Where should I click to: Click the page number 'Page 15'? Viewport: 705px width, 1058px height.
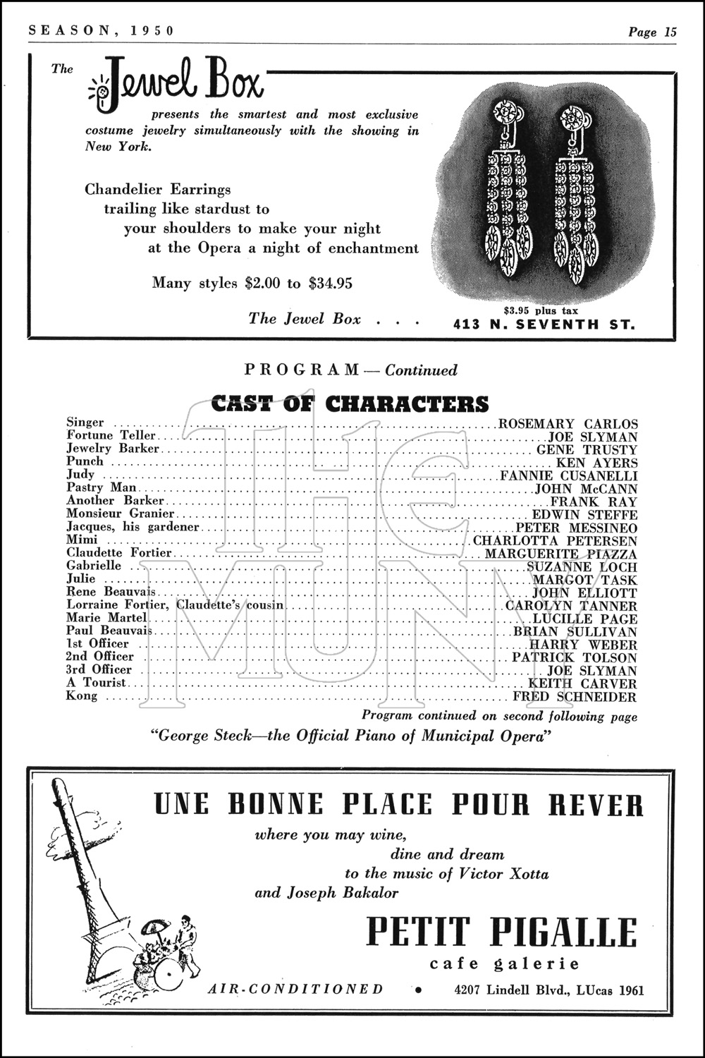[652, 32]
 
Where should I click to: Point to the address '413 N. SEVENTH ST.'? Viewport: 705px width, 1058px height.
[543, 325]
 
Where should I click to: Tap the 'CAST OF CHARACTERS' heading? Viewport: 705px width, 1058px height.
[350, 403]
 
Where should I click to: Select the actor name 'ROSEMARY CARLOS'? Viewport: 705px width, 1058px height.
[568, 424]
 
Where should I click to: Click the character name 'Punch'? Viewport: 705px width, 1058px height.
[85, 461]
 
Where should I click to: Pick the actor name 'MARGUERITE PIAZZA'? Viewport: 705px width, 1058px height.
[560, 554]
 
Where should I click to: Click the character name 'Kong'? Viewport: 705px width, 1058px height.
[82, 696]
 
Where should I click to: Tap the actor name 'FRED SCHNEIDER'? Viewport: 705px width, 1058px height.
[575, 697]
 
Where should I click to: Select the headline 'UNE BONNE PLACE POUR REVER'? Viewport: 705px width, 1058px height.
[398, 805]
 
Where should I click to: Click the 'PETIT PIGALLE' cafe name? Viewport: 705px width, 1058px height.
[502, 932]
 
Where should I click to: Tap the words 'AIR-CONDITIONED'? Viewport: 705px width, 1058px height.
[296, 989]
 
